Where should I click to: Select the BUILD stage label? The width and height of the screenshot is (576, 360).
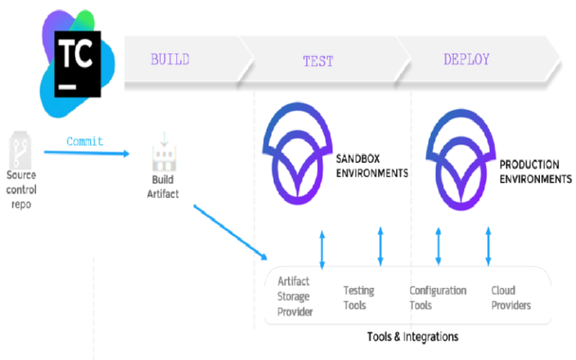click(170, 59)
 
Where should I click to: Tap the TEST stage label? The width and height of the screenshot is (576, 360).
click(318, 61)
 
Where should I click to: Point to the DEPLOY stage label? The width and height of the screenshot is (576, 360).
click(466, 59)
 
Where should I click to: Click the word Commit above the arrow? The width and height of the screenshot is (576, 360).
click(85, 141)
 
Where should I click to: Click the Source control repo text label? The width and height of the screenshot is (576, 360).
click(21, 190)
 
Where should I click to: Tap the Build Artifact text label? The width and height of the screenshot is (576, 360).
click(162, 188)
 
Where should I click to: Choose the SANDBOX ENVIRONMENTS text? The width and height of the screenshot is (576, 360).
click(372, 166)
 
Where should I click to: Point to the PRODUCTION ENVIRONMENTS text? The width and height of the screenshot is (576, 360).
click(535, 172)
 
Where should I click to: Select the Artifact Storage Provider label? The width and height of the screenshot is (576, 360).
click(295, 296)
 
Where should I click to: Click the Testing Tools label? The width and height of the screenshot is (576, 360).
click(359, 298)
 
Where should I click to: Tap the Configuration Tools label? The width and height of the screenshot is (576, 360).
click(437, 298)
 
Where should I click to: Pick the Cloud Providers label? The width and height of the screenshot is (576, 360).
click(511, 298)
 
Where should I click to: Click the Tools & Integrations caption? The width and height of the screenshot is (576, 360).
click(412, 337)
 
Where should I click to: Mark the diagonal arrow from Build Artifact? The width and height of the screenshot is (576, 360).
click(230, 232)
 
